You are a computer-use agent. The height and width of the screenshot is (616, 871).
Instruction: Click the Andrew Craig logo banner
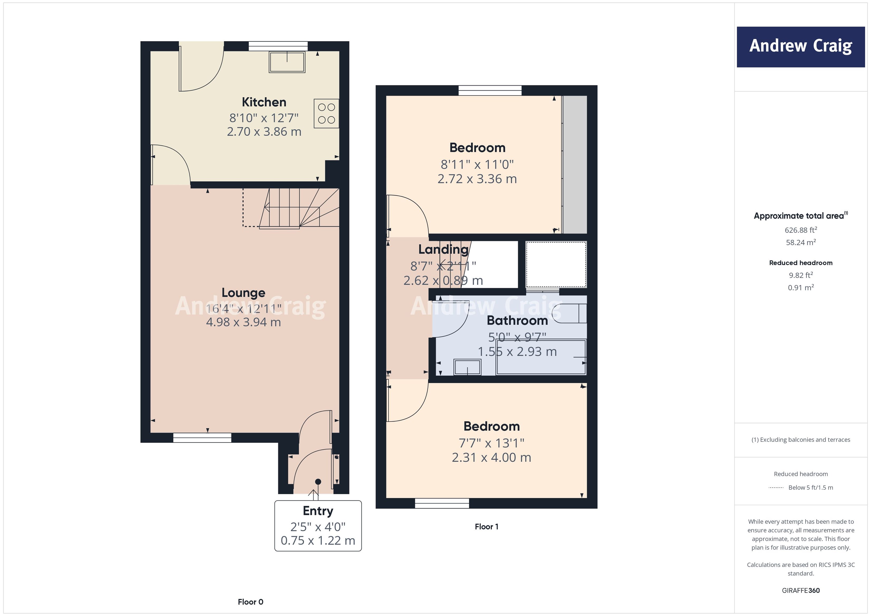pyautogui.click(x=801, y=47)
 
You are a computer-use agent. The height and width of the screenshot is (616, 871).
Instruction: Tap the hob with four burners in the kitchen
pyautogui.click(x=326, y=113)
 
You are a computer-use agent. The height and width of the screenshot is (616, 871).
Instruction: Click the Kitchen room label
pyautogui.click(x=264, y=102)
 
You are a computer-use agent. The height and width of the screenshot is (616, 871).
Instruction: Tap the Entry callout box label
pyautogui.click(x=318, y=511)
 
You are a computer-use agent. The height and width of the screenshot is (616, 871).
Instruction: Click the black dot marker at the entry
pyautogui.click(x=318, y=482)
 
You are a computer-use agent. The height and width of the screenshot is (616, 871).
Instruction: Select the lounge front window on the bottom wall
pyautogui.click(x=202, y=438)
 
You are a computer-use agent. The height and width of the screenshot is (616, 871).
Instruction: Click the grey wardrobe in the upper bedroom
pyautogui.click(x=574, y=164)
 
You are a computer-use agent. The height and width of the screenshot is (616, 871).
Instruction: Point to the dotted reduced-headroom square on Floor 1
pyautogui.click(x=556, y=264)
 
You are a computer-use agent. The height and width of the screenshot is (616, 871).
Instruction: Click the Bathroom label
pyautogui.click(x=517, y=320)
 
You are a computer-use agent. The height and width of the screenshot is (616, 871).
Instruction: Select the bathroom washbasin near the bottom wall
pyautogui.click(x=467, y=367)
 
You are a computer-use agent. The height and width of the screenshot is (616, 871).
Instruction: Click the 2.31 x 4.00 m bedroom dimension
pyautogui.click(x=491, y=457)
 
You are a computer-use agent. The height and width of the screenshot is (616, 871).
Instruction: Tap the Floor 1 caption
pyautogui.click(x=486, y=527)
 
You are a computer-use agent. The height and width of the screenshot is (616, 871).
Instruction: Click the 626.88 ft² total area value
pyautogui.click(x=801, y=230)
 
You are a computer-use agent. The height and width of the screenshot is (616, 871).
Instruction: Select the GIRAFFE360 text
pyautogui.click(x=801, y=591)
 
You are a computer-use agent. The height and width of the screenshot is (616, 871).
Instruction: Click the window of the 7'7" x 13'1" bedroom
pyautogui.click(x=442, y=503)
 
